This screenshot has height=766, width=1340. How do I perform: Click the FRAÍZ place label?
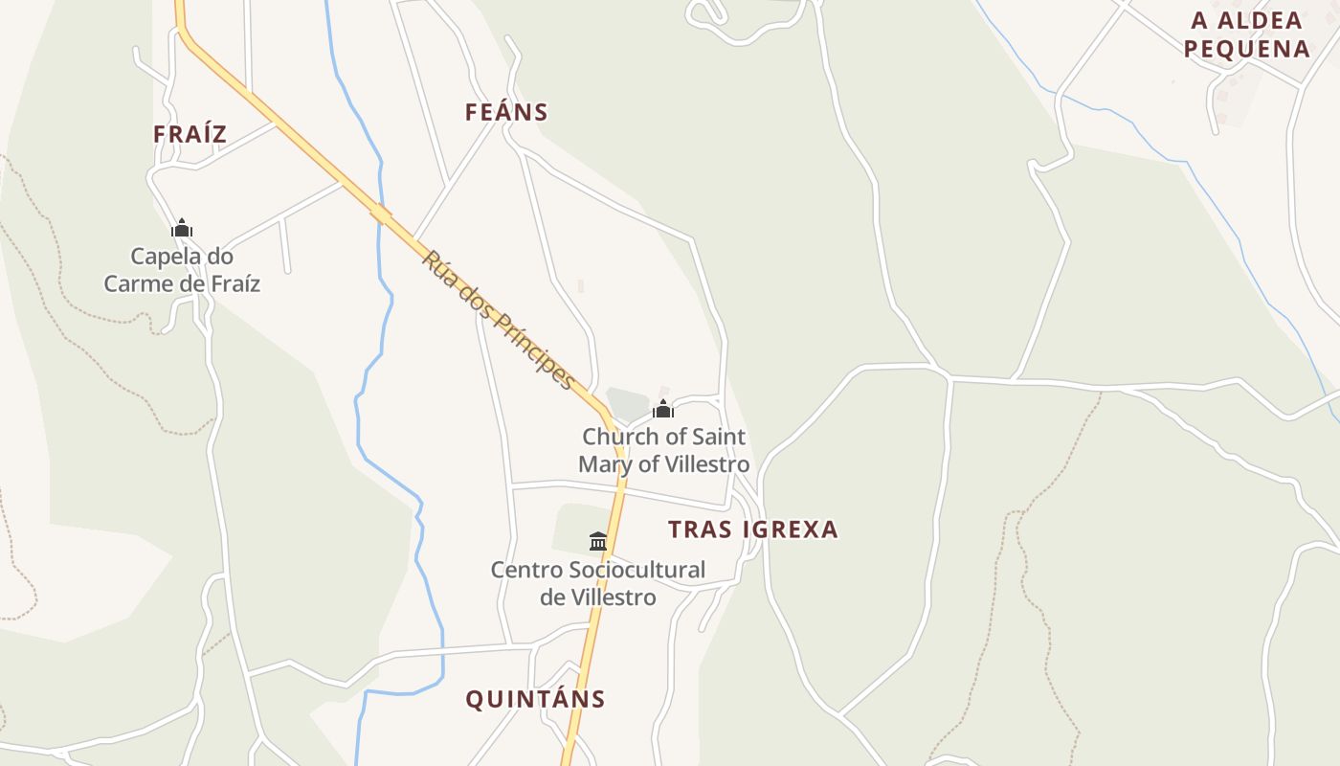click(190, 134)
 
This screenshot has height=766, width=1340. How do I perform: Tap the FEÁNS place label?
click(506, 112)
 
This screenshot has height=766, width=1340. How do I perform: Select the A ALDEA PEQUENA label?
click(1246, 34)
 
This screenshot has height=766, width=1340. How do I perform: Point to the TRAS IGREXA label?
click(752, 529)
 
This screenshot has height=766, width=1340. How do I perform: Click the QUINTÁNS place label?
click(535, 700)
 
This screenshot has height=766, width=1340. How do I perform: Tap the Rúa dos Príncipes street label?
click(499, 320)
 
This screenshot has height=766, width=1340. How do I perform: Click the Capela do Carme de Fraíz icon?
click(182, 229)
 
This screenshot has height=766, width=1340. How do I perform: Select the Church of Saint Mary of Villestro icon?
click(662, 410)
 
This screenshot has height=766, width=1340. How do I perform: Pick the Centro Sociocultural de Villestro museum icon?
click(598, 542)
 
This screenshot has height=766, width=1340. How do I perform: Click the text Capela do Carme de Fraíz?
click(182, 270)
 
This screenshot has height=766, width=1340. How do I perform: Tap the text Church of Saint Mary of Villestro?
click(663, 451)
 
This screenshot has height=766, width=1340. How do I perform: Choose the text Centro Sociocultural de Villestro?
click(598, 584)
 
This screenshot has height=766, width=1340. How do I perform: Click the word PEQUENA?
click(1246, 49)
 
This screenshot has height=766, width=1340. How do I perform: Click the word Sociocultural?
click(636, 571)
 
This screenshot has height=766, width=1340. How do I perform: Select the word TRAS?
click(699, 529)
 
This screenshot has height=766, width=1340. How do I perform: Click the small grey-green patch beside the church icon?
click(626, 404)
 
